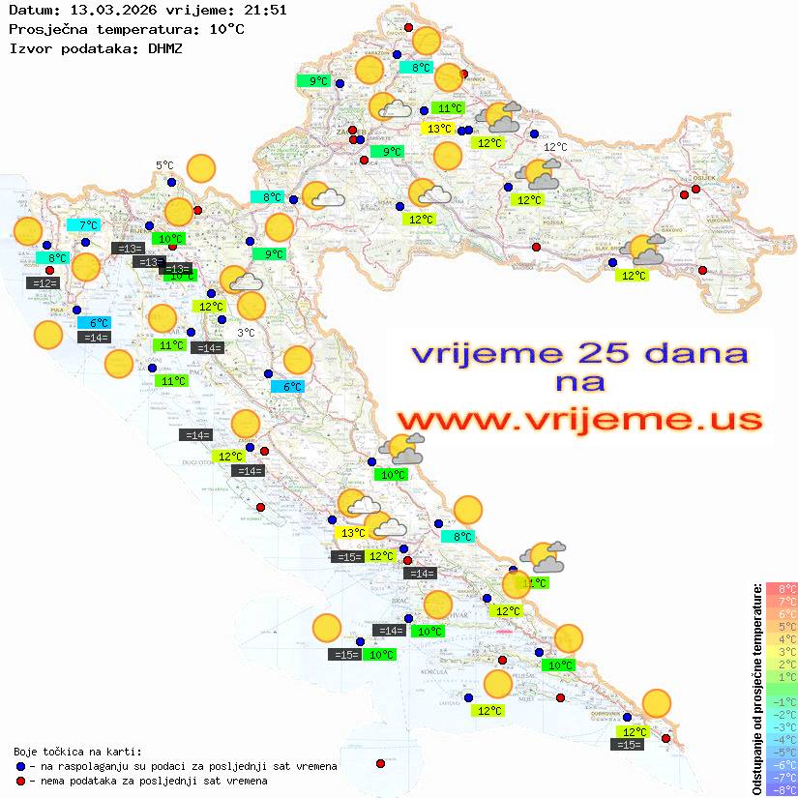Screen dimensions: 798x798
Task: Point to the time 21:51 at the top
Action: click(x=264, y=11)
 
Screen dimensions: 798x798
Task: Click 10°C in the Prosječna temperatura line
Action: click(x=226, y=29)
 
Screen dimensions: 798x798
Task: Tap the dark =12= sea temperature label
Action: click(x=44, y=283)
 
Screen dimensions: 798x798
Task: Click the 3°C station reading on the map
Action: click(x=247, y=333)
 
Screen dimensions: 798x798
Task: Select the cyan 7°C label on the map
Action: click(x=88, y=225)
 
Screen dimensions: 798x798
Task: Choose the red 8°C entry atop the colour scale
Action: click(x=782, y=588)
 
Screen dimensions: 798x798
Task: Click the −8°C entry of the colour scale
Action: click(x=782, y=789)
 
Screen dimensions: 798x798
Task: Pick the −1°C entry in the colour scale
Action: click(x=782, y=701)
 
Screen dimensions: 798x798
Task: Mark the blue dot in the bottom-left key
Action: click(x=20, y=766)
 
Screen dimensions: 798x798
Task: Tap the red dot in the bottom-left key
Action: click(x=20, y=781)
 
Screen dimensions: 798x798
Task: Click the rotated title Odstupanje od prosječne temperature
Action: click(x=756, y=688)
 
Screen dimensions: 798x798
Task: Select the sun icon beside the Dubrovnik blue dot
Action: click(x=657, y=703)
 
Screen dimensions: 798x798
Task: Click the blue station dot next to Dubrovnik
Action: click(x=627, y=719)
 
